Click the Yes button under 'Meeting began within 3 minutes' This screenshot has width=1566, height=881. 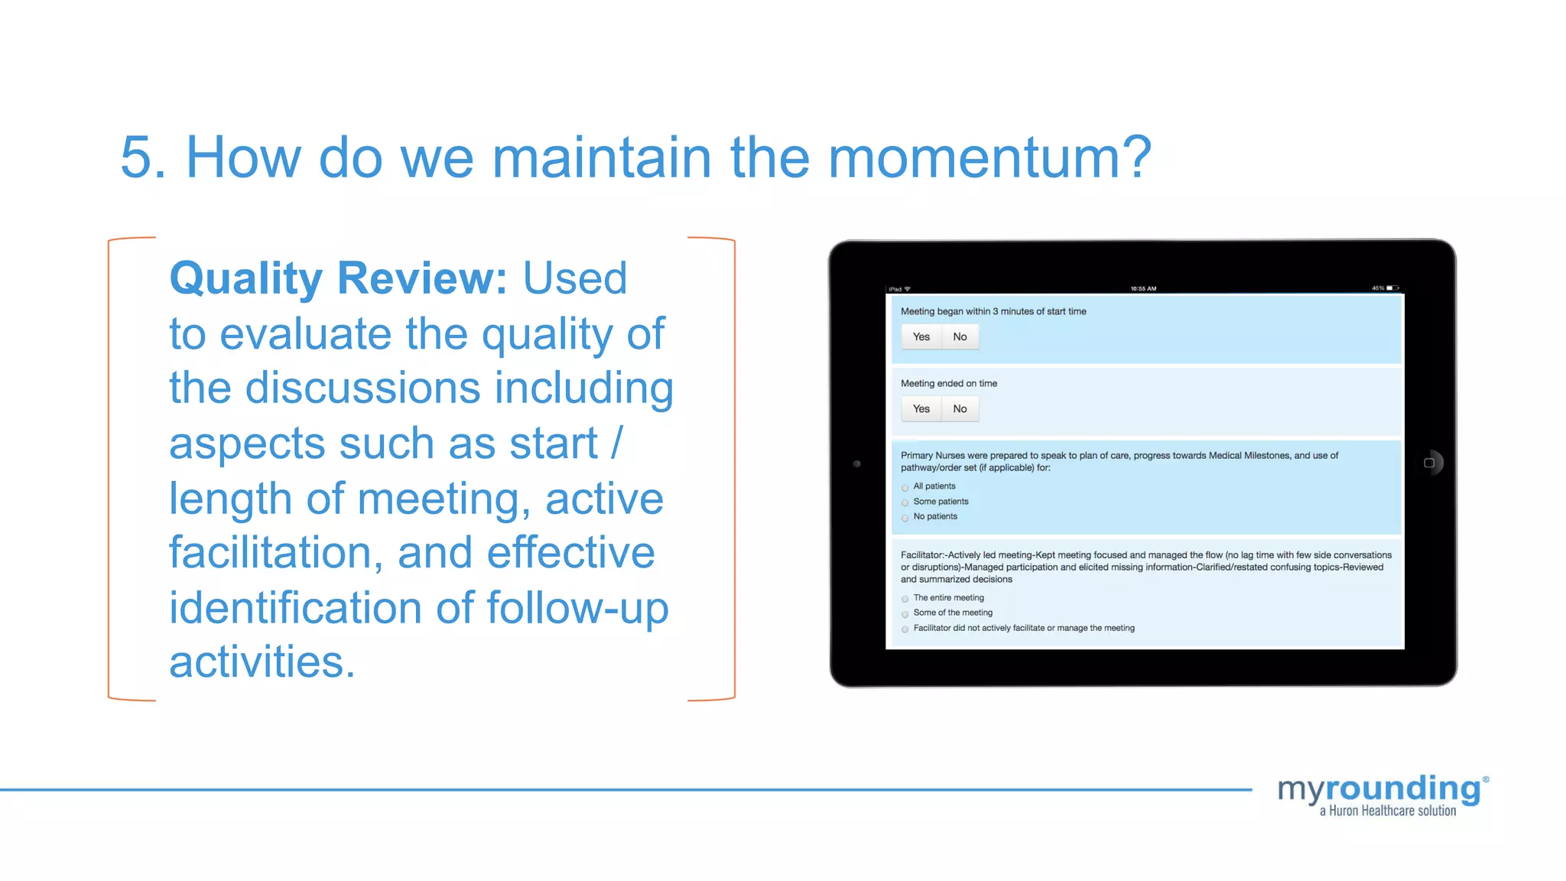(921, 336)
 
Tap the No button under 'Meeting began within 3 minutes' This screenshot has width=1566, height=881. (960, 336)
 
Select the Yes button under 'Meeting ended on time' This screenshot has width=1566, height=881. (921, 408)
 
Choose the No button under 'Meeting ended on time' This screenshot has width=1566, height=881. (960, 408)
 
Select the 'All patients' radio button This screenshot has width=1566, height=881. (905, 487)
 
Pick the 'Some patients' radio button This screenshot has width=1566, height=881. (905, 502)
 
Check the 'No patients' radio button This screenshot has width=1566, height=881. (905, 518)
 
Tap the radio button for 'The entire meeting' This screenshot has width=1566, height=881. (905, 599)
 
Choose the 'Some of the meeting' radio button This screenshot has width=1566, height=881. (905, 613)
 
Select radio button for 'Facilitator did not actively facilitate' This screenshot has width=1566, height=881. (905, 629)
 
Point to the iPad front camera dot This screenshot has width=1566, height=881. (856, 463)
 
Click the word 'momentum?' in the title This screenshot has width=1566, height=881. (989, 158)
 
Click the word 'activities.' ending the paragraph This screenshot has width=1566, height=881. (262, 662)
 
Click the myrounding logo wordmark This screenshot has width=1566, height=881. (1381, 789)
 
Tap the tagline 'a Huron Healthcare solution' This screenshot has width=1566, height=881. (1387, 811)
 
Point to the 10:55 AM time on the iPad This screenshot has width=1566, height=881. (1143, 288)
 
